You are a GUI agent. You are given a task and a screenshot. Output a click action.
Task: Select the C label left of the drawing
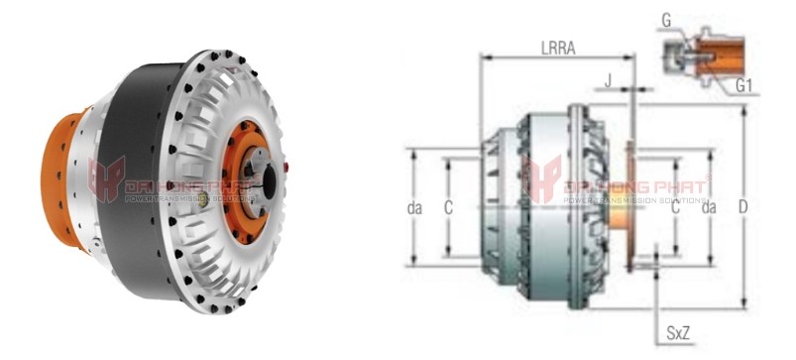coord(449,207)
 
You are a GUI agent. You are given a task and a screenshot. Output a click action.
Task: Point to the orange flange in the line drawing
coord(630,206)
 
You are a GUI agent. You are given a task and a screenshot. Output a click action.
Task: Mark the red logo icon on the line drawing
coord(542,180)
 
